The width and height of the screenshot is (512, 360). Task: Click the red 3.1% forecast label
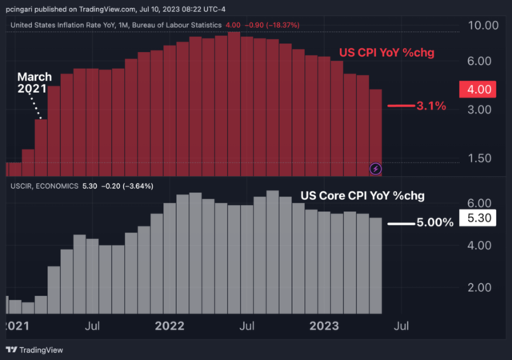coord(431,106)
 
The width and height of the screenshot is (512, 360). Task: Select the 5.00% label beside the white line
coord(435,222)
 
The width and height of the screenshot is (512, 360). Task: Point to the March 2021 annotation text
coord(34,82)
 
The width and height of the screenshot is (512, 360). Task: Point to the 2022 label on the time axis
coord(170,326)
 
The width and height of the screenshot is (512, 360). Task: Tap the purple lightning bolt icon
coord(377,168)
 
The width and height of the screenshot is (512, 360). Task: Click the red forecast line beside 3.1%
coord(400,106)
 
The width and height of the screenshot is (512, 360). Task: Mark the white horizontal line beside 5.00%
coord(401,223)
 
